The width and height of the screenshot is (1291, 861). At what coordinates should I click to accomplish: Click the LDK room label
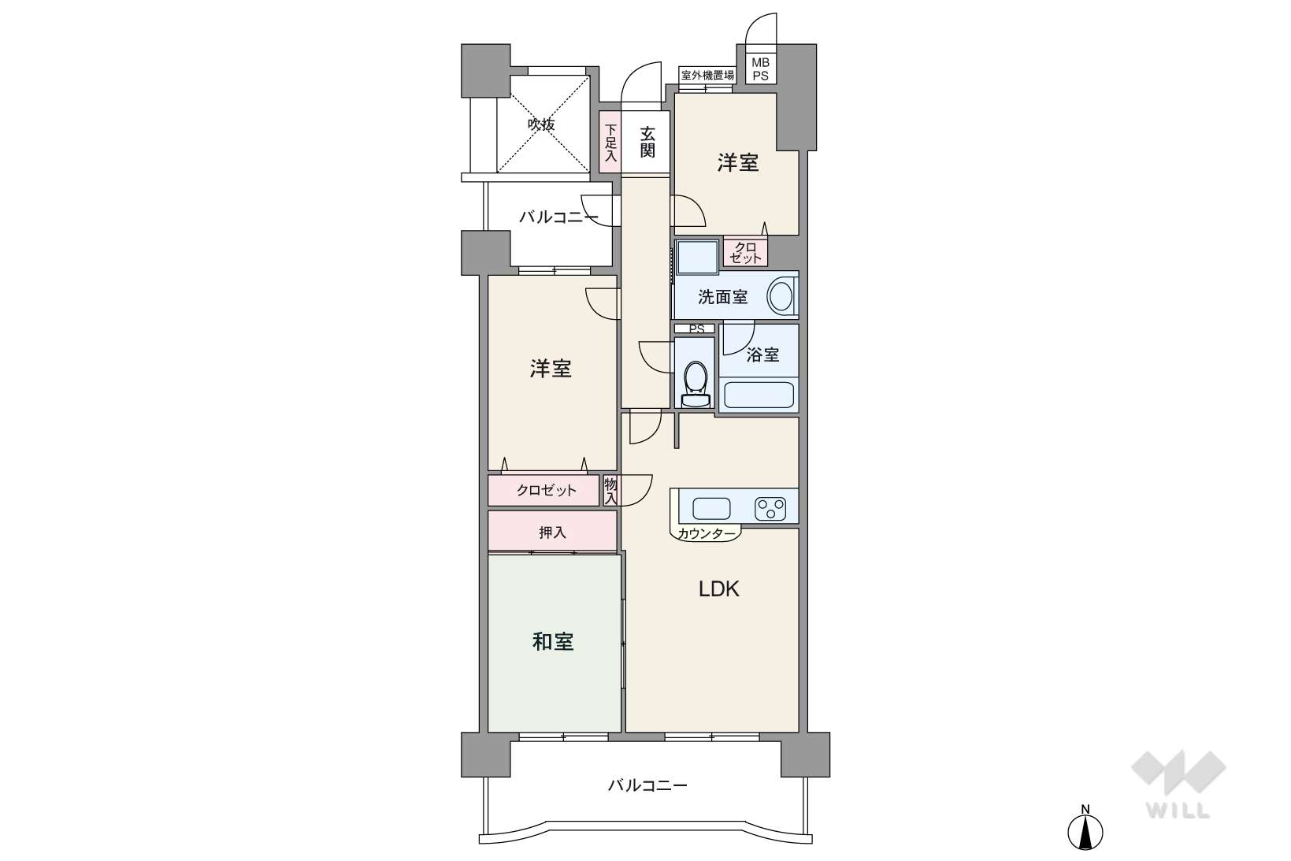(718, 589)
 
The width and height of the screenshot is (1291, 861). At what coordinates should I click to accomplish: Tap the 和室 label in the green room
(553, 641)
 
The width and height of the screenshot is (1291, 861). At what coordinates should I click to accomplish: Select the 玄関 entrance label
(647, 143)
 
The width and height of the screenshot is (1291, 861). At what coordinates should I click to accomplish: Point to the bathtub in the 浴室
(759, 395)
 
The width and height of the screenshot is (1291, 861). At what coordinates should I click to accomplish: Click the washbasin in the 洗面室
(782, 296)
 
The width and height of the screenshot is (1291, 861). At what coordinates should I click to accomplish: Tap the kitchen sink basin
(711, 509)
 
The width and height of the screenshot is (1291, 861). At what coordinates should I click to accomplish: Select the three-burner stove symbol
(770, 509)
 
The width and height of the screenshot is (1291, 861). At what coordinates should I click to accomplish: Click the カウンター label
(707, 533)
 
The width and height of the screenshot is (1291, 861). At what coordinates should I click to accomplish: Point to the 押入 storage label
(552, 533)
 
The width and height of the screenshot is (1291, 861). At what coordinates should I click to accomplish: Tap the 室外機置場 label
(707, 75)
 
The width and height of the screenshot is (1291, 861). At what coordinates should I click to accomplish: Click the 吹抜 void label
(541, 124)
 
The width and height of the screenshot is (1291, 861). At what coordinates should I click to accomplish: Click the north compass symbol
(1085, 829)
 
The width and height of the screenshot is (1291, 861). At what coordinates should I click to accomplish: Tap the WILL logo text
(1178, 811)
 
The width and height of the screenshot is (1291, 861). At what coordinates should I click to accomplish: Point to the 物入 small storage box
(610, 491)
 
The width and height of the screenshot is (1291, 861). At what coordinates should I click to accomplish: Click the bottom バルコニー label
(647, 785)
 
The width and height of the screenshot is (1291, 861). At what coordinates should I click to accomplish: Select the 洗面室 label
(723, 297)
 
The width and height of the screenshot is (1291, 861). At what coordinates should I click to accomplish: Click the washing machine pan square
(698, 257)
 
